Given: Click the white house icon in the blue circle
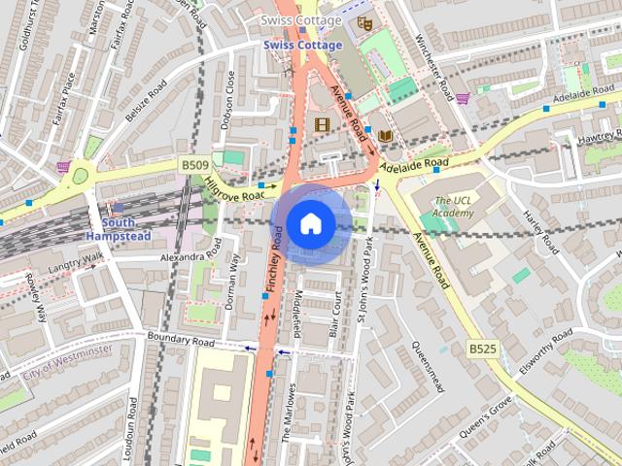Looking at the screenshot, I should coord(310,223).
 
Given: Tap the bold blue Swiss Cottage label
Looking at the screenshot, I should coord(302,46).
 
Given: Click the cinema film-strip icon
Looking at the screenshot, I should coord(323,123).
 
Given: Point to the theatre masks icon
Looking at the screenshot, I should coord(365,21).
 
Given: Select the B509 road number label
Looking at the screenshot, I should coord(194,166).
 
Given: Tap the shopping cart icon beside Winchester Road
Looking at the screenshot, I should coord(463,97).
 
